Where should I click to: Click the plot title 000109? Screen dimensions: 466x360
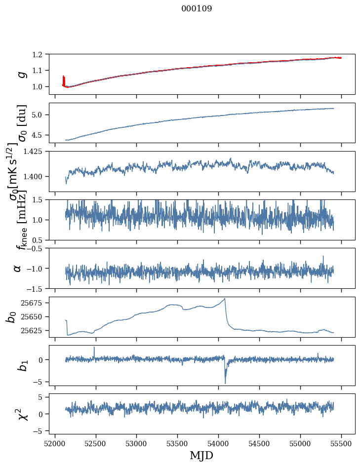point(197,9)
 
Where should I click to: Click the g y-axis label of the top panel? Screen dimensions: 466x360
point(21,74)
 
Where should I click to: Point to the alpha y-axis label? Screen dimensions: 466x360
point(18,268)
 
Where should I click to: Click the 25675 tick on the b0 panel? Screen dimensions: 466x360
point(33,303)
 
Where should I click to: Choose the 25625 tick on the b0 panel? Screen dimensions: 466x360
point(33,330)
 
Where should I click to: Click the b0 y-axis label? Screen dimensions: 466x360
point(11,316)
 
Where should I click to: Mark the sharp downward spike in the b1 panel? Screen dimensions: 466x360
point(225,383)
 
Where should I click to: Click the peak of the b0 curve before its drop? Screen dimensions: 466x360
point(225,299)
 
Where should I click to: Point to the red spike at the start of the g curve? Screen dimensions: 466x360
point(64,79)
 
